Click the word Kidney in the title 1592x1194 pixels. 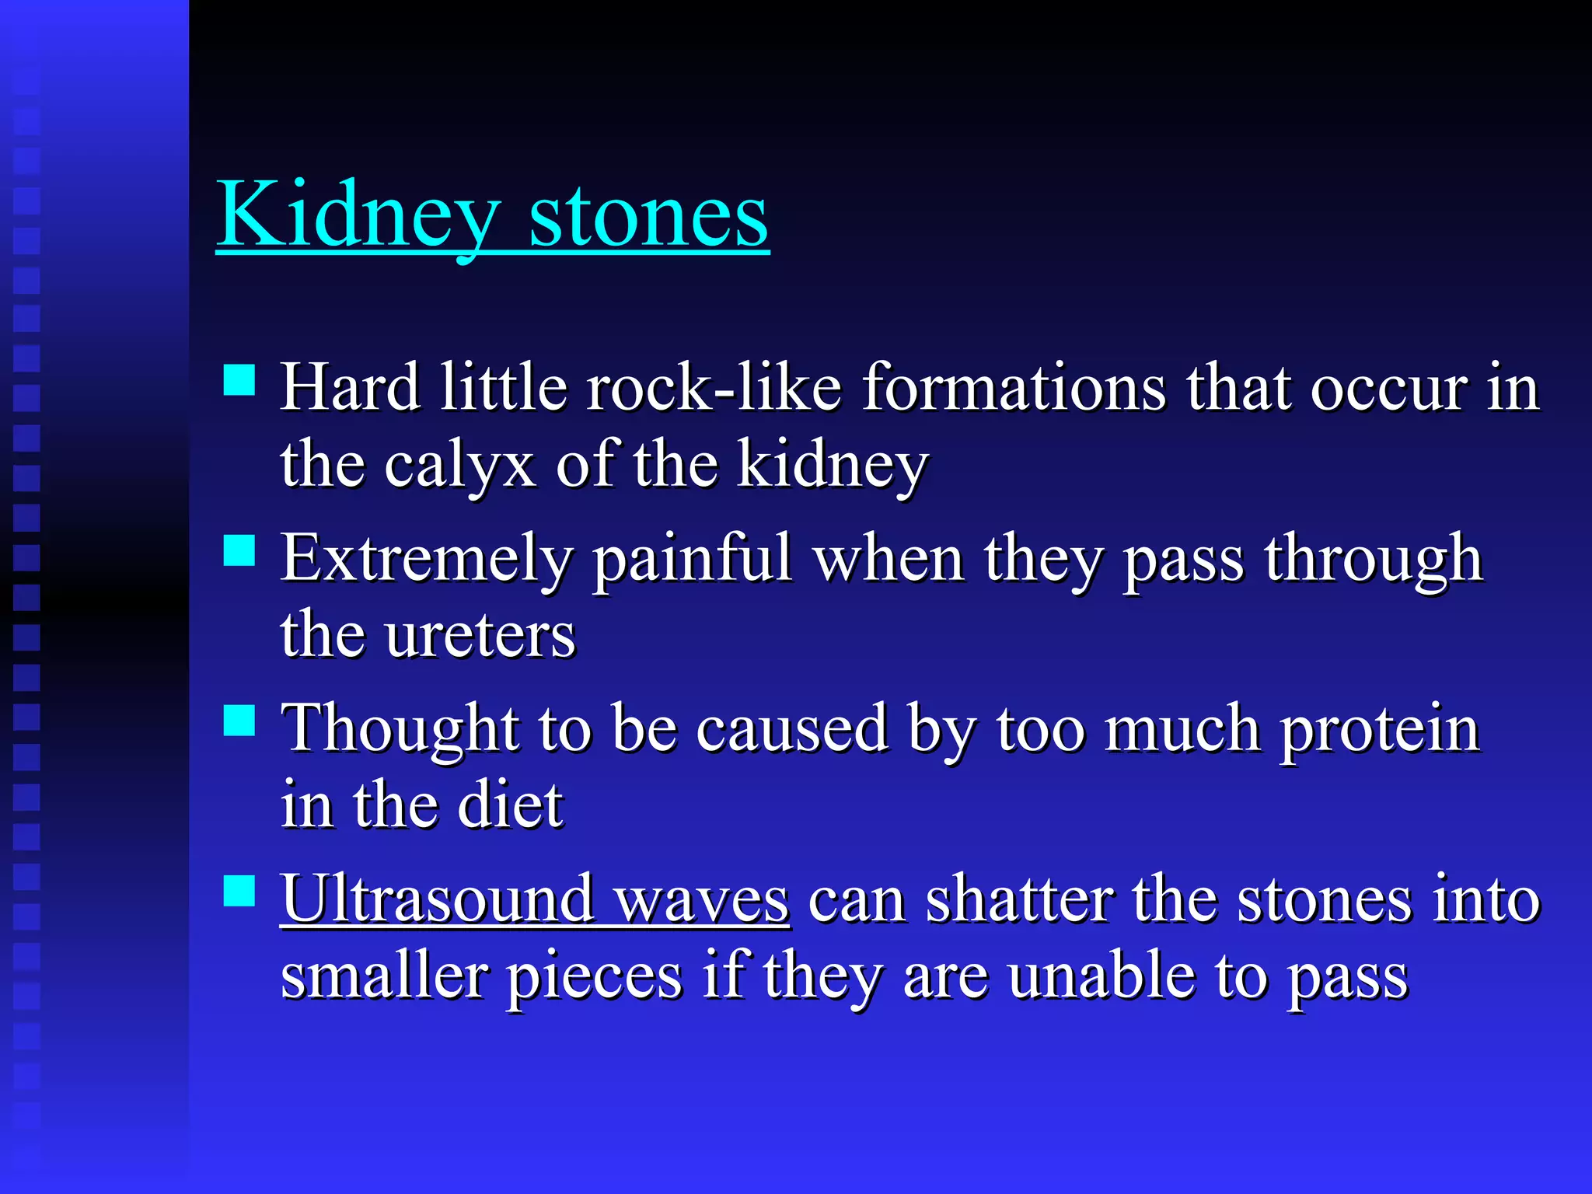pos(358,214)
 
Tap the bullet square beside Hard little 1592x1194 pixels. pos(239,381)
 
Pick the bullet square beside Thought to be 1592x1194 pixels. pos(239,721)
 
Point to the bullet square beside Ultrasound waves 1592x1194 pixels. pos(239,891)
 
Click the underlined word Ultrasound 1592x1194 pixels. pos(437,899)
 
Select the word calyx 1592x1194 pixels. pos(459,466)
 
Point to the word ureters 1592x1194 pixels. pos(480,635)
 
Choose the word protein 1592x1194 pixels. pos(1380,731)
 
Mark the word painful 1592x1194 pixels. pos(692,559)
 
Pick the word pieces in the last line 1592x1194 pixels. pos(595,978)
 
